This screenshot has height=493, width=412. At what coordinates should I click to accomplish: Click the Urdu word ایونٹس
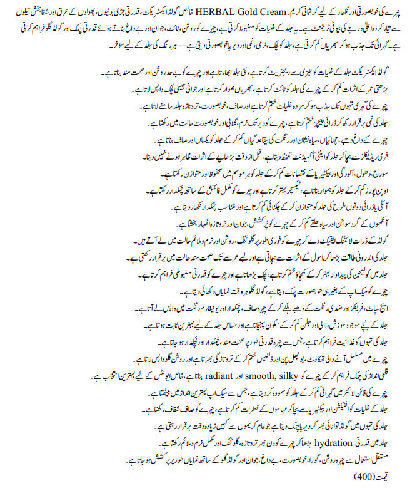tap(74, 378)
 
